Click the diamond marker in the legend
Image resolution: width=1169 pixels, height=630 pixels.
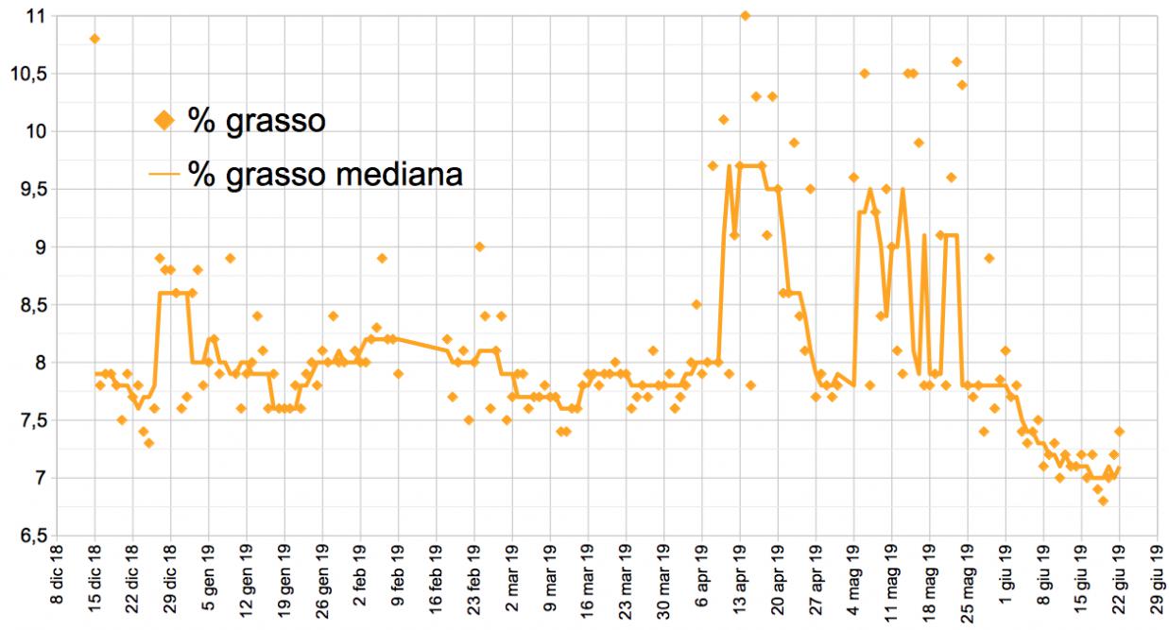(164, 120)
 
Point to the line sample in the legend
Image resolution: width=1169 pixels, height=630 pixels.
(164, 174)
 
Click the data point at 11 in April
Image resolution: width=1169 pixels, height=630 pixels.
(745, 15)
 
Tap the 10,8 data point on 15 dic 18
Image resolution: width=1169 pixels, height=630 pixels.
(95, 39)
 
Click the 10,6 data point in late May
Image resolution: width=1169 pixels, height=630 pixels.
(956, 61)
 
